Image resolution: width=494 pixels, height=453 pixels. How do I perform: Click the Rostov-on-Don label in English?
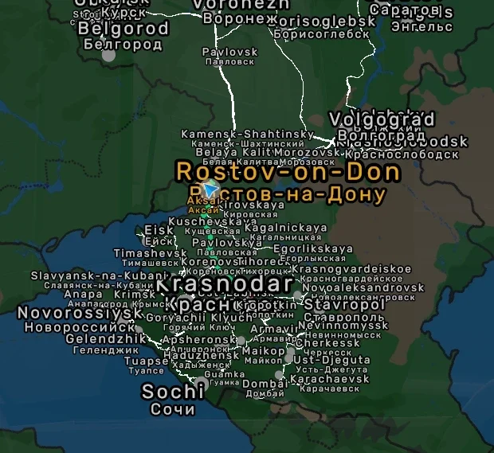click(x=288, y=171)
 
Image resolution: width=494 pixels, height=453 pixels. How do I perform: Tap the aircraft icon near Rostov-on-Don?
click(x=210, y=189)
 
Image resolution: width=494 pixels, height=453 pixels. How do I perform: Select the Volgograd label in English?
click(x=382, y=120)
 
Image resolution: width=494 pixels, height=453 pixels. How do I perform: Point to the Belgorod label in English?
click(x=123, y=29)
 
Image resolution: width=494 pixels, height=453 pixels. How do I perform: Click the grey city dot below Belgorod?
click(x=109, y=56)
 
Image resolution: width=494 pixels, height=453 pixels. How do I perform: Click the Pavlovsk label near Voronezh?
click(x=230, y=52)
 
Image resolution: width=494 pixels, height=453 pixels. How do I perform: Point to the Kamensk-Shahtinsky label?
click(x=248, y=134)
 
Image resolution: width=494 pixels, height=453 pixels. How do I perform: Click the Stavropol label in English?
click(x=344, y=304)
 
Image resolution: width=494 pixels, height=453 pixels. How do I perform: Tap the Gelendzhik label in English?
click(x=98, y=338)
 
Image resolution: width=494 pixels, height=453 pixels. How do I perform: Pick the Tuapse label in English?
click(x=147, y=360)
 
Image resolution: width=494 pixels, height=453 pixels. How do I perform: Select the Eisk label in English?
click(x=159, y=231)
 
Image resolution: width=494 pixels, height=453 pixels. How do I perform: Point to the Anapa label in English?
click(x=83, y=294)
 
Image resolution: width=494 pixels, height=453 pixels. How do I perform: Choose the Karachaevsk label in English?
click(x=330, y=379)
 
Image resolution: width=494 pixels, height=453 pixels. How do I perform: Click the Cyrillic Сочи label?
click(x=173, y=409)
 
